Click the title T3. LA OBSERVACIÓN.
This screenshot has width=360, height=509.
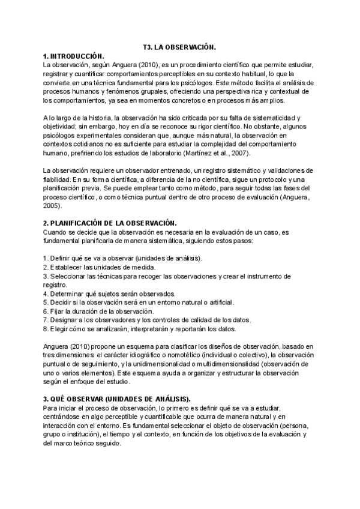pos(179,46)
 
